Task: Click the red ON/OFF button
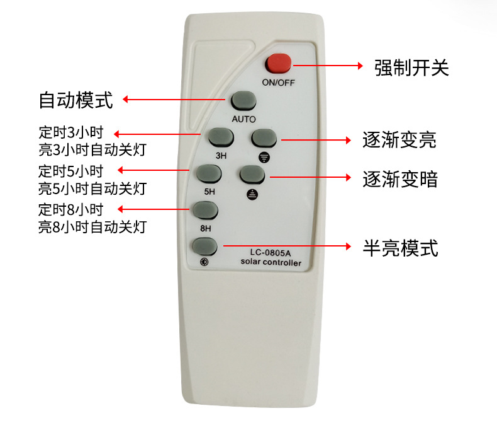[278, 64]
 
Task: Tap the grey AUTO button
[243, 101]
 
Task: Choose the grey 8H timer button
[205, 210]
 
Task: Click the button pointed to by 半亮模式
[205, 246]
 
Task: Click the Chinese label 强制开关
[411, 67]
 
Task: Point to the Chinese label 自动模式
[75, 100]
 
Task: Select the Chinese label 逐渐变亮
[399, 139]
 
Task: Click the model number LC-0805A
[269, 253]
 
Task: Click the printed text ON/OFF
[277, 83]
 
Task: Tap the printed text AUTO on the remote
[243, 119]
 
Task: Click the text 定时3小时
[70, 133]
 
